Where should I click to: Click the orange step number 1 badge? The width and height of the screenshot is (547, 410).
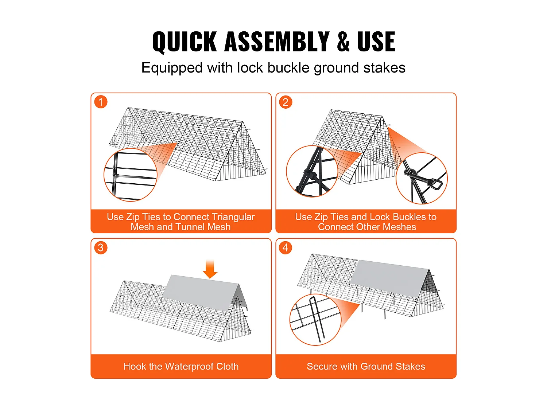[101, 102]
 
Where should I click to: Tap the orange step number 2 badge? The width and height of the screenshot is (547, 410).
[286, 102]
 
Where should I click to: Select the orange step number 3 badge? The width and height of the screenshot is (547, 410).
[101, 247]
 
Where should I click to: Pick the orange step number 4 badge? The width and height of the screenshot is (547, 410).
[286, 247]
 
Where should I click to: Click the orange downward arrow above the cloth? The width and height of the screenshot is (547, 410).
[210, 269]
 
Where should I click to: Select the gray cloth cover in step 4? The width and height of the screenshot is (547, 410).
[390, 278]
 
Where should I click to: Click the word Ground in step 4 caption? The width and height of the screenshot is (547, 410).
[376, 366]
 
